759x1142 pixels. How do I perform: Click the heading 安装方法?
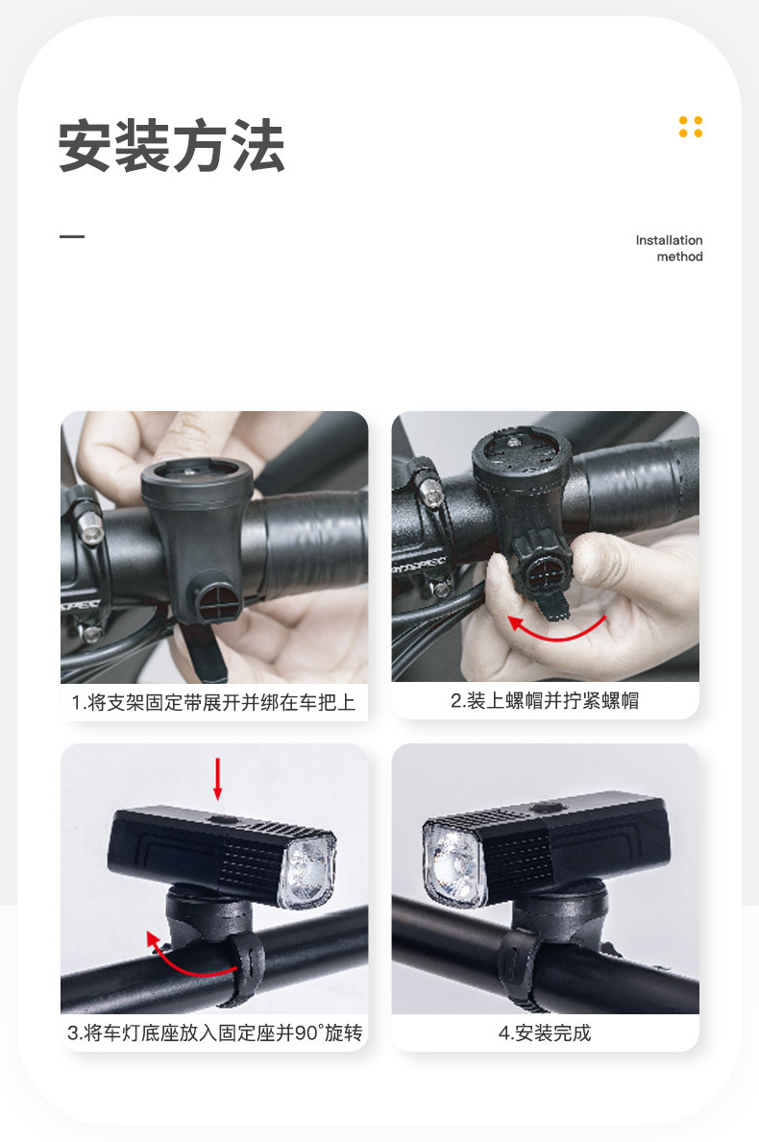(x=172, y=146)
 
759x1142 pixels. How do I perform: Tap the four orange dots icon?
(x=690, y=127)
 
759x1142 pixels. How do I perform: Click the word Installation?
(x=669, y=240)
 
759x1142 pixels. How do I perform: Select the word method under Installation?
(x=679, y=256)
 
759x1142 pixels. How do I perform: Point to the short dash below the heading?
(x=72, y=236)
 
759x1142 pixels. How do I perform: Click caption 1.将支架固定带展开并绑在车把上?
(x=213, y=702)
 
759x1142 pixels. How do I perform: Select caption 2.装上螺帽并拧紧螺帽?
(x=545, y=700)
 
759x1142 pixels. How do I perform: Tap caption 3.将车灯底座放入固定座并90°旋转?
(x=214, y=1033)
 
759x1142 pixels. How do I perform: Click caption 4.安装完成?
(x=545, y=1033)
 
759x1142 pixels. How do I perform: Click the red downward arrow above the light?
(x=218, y=778)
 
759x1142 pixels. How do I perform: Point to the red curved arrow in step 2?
(x=557, y=629)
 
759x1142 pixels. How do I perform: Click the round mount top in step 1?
(x=197, y=476)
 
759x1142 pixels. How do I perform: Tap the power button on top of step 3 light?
(x=223, y=819)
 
